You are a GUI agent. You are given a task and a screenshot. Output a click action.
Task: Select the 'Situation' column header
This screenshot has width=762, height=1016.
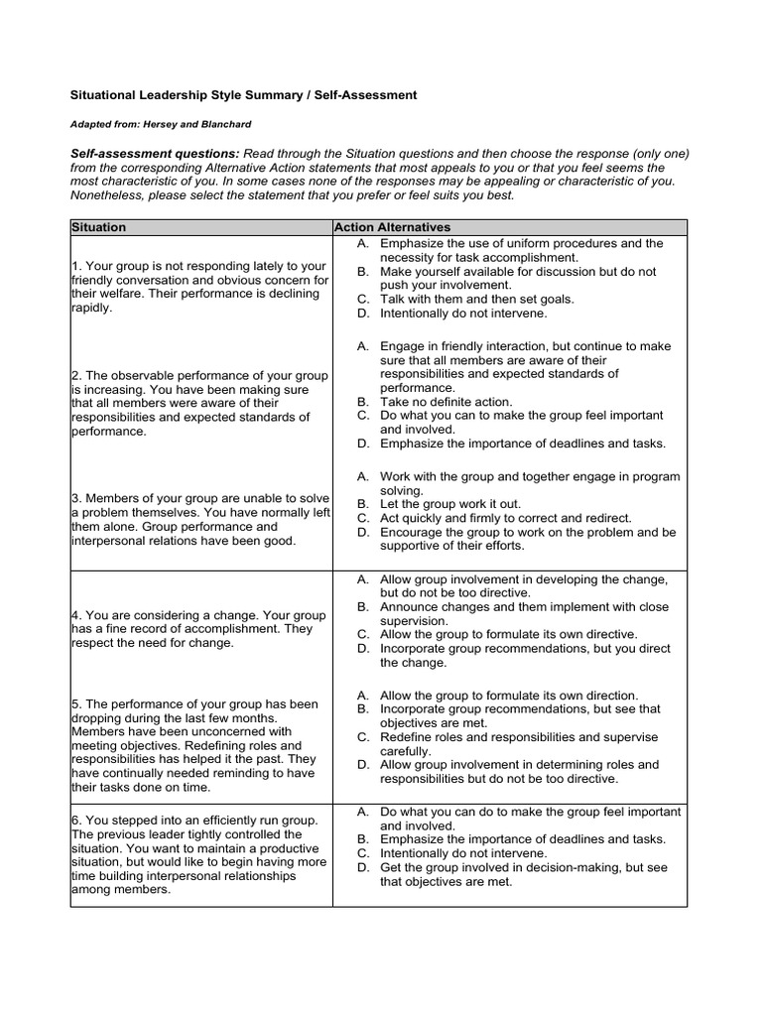pos(99,227)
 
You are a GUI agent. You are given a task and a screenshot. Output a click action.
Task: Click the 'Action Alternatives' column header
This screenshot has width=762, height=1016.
pos(393,227)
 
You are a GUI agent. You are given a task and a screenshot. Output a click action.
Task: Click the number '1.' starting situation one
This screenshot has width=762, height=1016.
pos(76,266)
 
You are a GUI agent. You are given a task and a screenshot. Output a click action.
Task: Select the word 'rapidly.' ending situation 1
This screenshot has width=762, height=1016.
pos(92,308)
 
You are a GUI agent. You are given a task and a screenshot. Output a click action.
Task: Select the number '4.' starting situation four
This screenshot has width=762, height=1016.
pos(76,615)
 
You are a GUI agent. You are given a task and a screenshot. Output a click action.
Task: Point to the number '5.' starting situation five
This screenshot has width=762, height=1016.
pos(76,704)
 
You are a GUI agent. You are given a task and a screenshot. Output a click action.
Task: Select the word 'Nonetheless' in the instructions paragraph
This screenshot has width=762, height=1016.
pos(108,195)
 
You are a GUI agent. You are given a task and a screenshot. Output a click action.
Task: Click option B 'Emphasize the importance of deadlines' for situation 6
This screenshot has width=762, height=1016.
pos(523,839)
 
